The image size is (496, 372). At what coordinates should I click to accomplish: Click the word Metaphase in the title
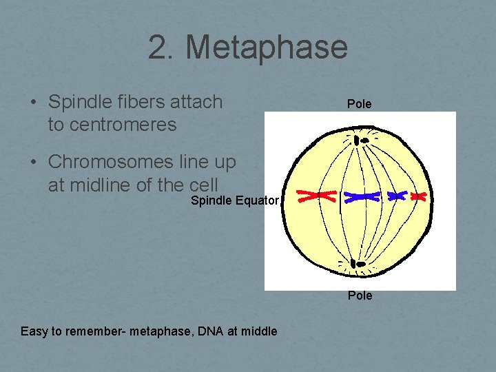tap(267, 48)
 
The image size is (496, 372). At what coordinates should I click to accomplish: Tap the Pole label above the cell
tap(359, 104)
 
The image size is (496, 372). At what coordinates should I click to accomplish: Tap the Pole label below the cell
tap(360, 296)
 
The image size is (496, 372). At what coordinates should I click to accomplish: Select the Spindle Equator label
tap(235, 201)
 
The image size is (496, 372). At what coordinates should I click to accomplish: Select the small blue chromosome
tap(397, 196)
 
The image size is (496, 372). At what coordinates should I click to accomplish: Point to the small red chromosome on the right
tap(418, 196)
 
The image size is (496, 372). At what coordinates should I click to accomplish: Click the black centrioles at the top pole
tap(361, 141)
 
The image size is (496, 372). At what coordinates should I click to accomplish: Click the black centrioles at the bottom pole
tap(358, 264)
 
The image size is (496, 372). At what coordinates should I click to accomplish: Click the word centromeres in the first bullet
tap(112, 125)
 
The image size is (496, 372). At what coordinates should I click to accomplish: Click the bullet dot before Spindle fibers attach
tap(33, 103)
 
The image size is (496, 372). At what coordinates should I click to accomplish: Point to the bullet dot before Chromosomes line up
tap(33, 163)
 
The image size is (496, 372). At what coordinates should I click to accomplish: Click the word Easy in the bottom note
tap(34, 331)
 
